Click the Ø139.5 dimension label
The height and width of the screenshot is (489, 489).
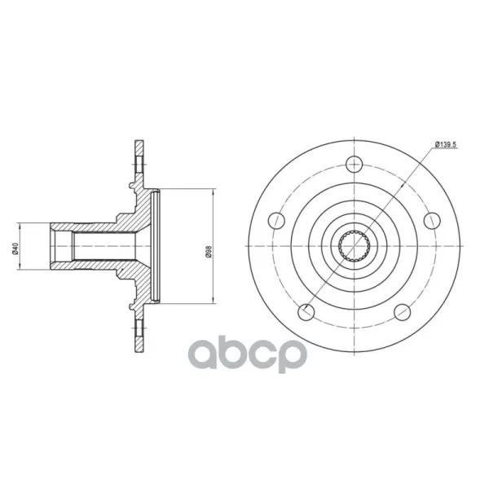coord(446,144)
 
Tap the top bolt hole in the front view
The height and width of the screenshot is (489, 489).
coord(355,164)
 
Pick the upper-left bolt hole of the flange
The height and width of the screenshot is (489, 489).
coord(276,221)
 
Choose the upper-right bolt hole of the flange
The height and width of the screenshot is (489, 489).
coord(432,221)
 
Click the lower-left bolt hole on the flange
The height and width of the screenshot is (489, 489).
coord(306,312)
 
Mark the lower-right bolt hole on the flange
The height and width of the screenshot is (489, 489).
coord(403,312)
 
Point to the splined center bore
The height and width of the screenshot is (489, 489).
coord(355,246)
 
